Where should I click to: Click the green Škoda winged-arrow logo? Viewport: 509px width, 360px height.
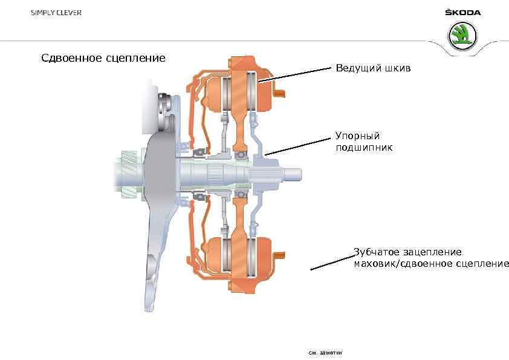462,36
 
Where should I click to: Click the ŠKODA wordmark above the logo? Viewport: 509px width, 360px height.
462,12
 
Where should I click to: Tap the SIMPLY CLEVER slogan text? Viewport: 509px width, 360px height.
57,13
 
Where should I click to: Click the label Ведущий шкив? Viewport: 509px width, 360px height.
373,68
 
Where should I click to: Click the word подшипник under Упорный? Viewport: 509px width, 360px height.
364,147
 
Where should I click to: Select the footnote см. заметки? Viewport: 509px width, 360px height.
325,352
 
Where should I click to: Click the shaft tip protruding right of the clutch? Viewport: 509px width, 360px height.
293,174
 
